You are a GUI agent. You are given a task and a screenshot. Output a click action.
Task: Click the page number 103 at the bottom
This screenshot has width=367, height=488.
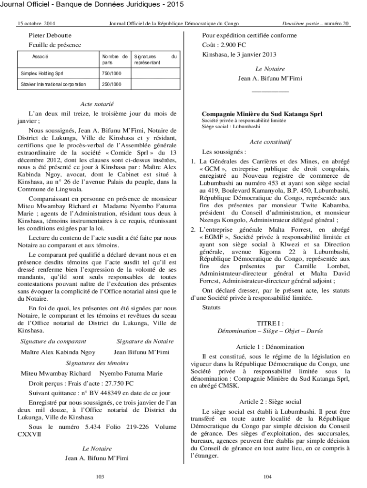pyautogui.click(x=100, y=477)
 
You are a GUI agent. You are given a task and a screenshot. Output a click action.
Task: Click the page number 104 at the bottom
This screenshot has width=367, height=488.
pyautogui.click(x=267, y=477)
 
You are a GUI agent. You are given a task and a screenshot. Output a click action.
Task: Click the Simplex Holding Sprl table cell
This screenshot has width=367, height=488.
pyautogui.click(x=42, y=74)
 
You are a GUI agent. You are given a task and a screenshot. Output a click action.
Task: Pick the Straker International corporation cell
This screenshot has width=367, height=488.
pyautogui.click(x=53, y=84)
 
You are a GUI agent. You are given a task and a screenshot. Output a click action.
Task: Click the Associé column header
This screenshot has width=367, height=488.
pyautogui.click(x=40, y=57)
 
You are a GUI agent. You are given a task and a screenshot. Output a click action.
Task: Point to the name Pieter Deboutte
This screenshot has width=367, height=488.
pyautogui.click(x=51, y=36)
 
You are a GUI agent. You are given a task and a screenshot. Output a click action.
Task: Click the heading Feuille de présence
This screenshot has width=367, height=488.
pyautogui.click(x=55, y=45)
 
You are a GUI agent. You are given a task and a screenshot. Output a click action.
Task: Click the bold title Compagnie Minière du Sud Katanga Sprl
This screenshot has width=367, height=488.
pyautogui.click(x=262, y=114)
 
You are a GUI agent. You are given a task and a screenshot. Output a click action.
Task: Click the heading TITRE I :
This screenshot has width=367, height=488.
pyautogui.click(x=270, y=323)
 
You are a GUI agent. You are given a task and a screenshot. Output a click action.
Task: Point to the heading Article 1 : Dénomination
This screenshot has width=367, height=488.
pyautogui.click(x=270, y=346)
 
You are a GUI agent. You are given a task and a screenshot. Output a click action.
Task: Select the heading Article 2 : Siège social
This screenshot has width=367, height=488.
pyautogui.click(x=270, y=402)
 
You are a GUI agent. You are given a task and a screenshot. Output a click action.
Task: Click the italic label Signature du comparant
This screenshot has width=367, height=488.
pyautogui.click(x=53, y=341)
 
